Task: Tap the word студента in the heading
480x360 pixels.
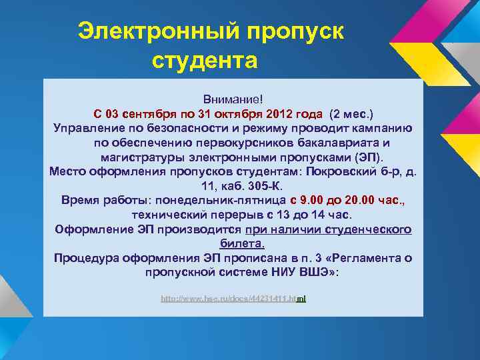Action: (x=205, y=61)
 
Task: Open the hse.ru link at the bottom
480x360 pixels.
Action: (x=233, y=299)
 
